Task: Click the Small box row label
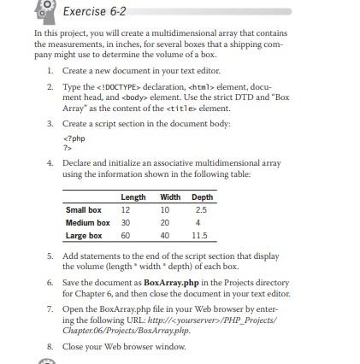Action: [80, 208]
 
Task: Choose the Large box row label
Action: [81, 233]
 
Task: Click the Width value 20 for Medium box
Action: [164, 220]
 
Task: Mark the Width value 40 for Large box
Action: [164, 233]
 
